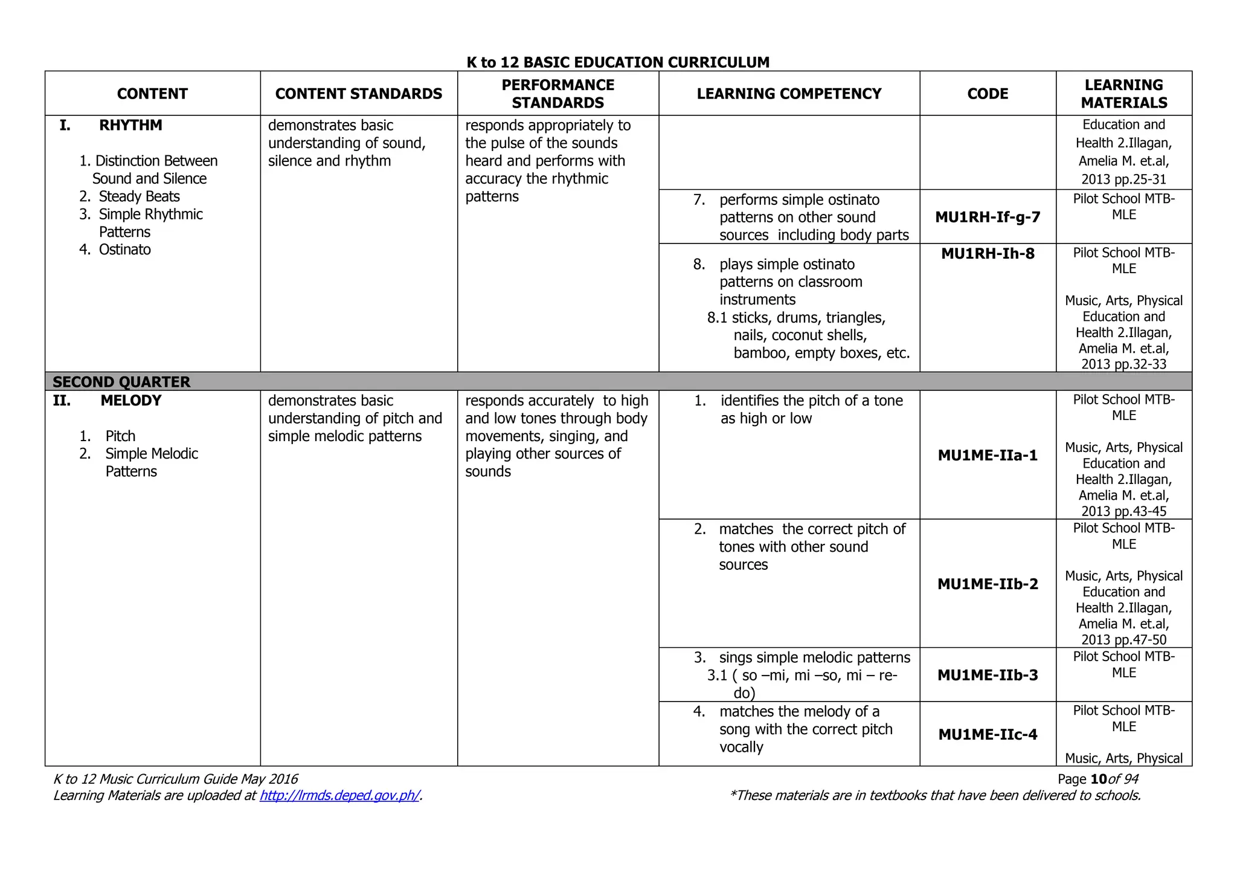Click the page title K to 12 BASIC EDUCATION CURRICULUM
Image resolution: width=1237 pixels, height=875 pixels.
click(x=618, y=62)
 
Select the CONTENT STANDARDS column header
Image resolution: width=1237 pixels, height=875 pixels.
click(x=358, y=94)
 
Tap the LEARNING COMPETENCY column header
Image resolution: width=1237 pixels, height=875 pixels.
click(x=789, y=94)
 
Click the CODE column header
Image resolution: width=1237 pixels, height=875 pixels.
click(x=988, y=94)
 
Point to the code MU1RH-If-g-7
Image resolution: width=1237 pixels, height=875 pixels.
click(x=988, y=217)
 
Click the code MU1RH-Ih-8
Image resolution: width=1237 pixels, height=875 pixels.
click(x=988, y=254)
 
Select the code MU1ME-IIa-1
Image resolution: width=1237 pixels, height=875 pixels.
click(x=988, y=455)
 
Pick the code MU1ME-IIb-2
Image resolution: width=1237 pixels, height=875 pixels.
click(x=988, y=584)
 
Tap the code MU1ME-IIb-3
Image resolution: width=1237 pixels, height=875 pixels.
click(x=988, y=675)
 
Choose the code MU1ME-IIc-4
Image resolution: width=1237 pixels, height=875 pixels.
click(x=988, y=734)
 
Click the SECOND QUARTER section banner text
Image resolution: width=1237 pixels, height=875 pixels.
click(x=121, y=382)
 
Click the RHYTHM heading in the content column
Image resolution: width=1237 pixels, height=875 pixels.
click(x=130, y=125)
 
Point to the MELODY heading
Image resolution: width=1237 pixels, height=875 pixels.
click(x=130, y=401)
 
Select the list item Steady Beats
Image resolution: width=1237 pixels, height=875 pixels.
click(x=139, y=196)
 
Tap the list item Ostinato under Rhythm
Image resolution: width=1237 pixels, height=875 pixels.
click(x=124, y=250)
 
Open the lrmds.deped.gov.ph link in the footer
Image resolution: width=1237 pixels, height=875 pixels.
click(x=339, y=795)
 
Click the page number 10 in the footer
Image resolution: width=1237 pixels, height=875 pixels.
click(x=1099, y=779)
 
